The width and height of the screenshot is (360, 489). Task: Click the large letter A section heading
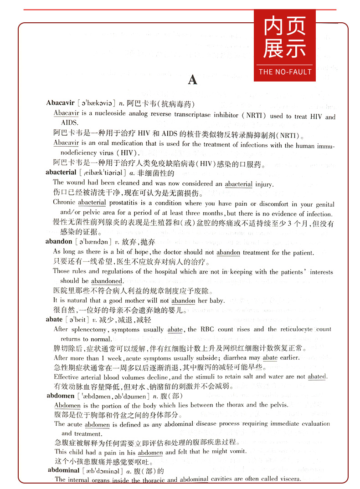[193, 80]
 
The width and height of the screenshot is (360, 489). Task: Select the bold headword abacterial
[61, 173]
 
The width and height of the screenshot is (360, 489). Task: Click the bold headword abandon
[59, 242]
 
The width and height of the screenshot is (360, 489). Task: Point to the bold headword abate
[54, 320]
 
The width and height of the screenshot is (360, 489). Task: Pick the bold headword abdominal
[64, 471]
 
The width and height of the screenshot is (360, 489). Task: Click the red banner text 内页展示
[284, 39]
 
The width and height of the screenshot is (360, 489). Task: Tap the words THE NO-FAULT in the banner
[285, 72]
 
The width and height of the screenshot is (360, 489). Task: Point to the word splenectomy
[87, 330]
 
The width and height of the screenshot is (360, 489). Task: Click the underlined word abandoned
[107, 281]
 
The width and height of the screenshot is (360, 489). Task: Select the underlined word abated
[317, 377]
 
